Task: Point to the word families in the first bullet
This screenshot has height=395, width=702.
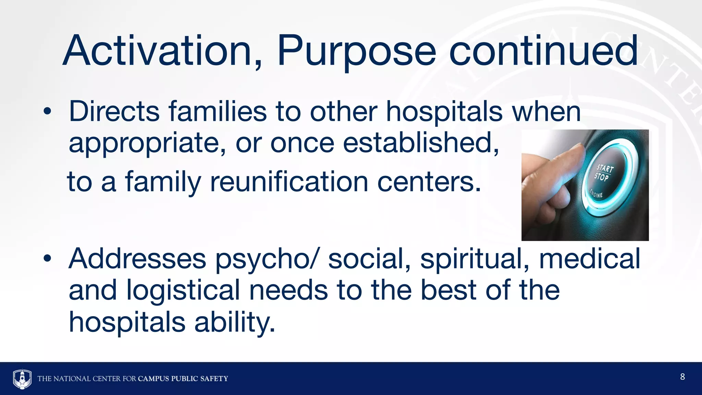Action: [218, 111]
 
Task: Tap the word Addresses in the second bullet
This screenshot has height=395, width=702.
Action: [137, 259]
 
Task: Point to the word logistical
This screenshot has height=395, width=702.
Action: [183, 290]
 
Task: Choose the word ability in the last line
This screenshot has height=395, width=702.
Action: [234, 322]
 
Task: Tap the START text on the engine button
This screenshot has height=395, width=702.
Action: [605, 168]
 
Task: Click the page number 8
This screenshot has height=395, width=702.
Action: [682, 377]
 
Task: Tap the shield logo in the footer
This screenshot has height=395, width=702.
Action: [22, 379]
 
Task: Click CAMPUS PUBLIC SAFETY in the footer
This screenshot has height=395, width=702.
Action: [183, 379]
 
